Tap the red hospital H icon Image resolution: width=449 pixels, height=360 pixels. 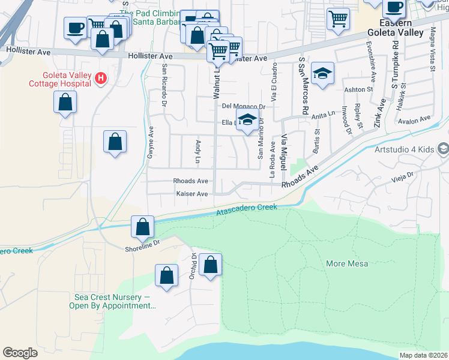click(x=101, y=79)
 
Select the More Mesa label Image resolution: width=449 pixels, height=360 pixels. click(x=346, y=263)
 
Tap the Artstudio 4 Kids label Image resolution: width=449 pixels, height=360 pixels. click(x=403, y=149)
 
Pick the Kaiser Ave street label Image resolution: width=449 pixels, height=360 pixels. click(x=191, y=194)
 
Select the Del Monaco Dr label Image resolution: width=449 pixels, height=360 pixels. click(x=243, y=106)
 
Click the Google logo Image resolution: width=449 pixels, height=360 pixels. click(x=20, y=353)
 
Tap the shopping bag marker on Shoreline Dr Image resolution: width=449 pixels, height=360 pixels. click(x=143, y=227)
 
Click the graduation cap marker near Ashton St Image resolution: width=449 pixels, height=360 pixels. click(x=323, y=74)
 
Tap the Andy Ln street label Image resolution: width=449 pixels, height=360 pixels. click(x=197, y=152)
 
